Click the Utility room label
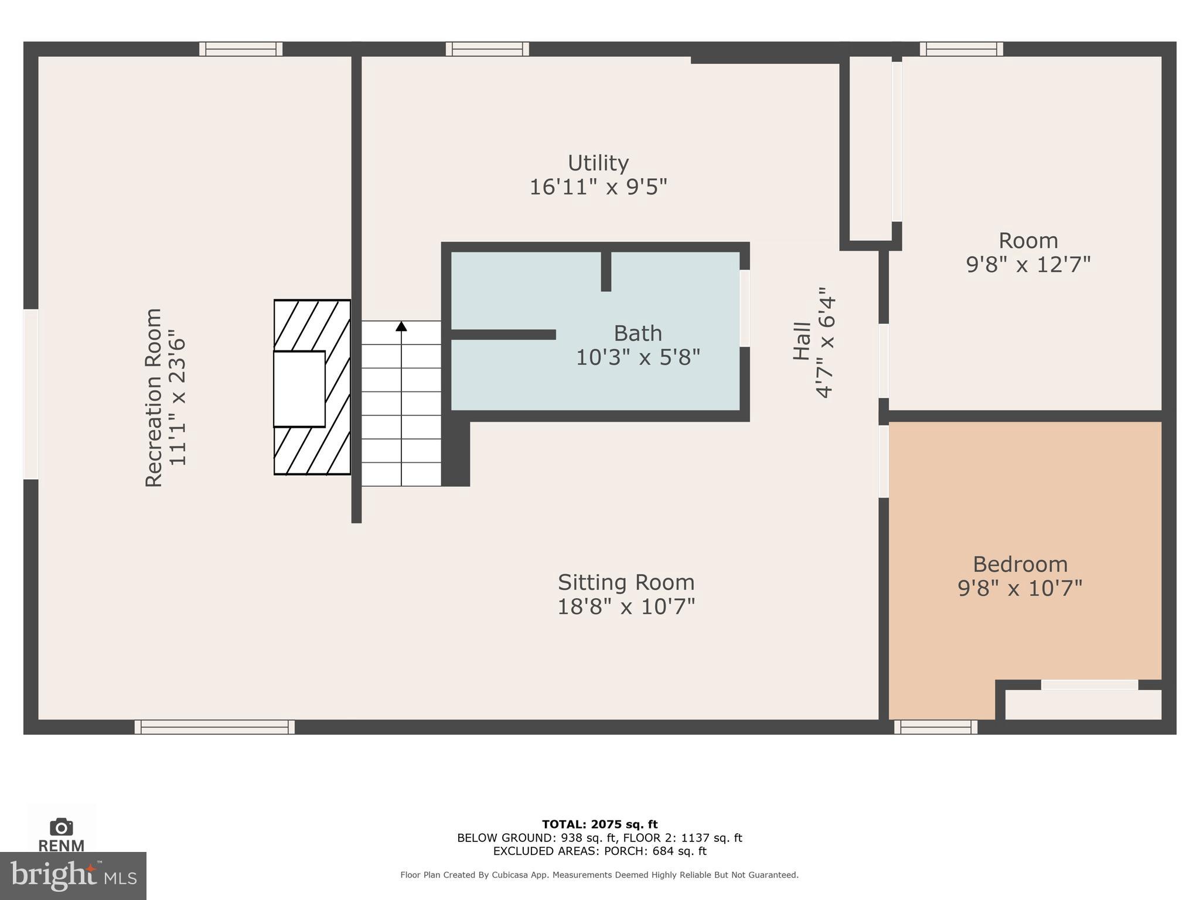[x=598, y=162]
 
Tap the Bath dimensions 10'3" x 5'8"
[x=638, y=357]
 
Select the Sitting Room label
[x=626, y=582]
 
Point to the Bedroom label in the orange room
[x=1020, y=564]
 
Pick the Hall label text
[x=802, y=341]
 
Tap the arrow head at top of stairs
[x=401, y=326]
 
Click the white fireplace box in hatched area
[x=299, y=389]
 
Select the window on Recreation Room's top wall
[x=241, y=49]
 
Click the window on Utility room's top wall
[x=487, y=49]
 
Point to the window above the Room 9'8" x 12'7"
[x=961, y=49]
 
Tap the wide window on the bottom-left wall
[x=214, y=727]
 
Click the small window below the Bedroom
[x=936, y=727]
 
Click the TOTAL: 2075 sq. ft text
[x=599, y=825]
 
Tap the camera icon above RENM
[x=62, y=827]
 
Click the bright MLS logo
[x=73, y=876]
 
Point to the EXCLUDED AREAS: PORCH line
[x=599, y=851]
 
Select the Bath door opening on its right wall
[x=745, y=308]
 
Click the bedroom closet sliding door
[x=1090, y=684]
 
